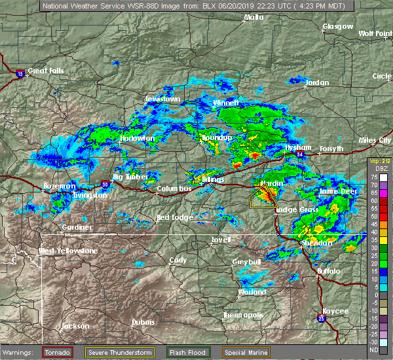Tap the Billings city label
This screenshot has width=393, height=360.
pos(213,179)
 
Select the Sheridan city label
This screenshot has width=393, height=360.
pos(316,243)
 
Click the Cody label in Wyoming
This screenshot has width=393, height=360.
pos(178,260)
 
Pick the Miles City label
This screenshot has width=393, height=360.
pos(375,141)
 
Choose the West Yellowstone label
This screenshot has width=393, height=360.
pos(67,251)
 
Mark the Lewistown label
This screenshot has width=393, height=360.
pos(162,99)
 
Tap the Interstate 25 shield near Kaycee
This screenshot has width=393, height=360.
pos(321,319)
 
